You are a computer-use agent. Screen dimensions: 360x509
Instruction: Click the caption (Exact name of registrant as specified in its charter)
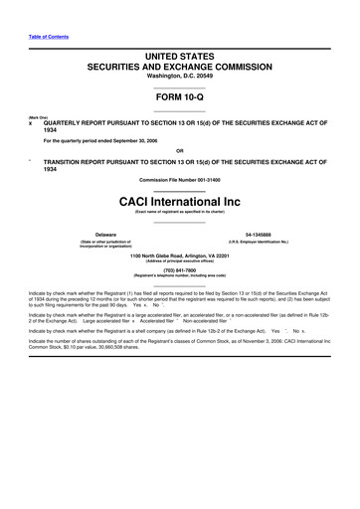coord(179,212)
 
